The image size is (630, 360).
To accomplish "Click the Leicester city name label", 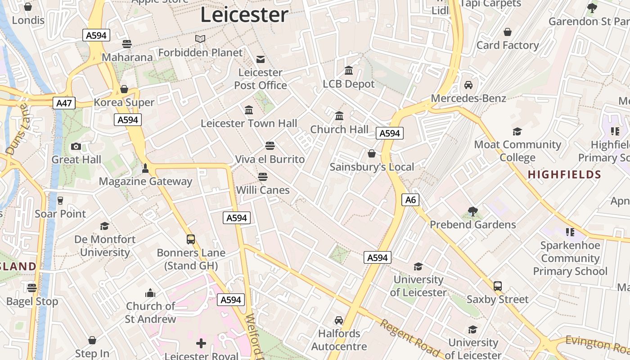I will tap(244, 15).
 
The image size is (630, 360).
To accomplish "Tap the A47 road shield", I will tap(64, 103).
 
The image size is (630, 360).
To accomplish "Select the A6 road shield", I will tap(410, 200).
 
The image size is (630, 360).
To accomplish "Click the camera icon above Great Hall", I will tap(76, 146).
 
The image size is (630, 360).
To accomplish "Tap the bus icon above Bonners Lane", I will tap(191, 239).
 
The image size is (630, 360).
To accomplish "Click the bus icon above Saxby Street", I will tap(497, 286).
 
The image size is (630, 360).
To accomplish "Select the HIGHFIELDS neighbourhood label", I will tap(564, 175).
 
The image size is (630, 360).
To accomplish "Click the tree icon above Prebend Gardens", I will tap(472, 211).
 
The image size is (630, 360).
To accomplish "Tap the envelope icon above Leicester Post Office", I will tap(261, 59).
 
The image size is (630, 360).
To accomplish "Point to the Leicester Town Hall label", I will tap(249, 123).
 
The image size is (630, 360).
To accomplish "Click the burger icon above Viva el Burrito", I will tap(270, 146).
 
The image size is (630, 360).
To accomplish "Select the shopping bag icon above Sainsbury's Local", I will tap(372, 153).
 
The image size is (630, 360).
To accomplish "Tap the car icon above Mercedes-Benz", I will tap(468, 85).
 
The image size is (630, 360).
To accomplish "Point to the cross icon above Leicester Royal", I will tap(201, 344).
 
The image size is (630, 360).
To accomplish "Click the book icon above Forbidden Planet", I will tap(200, 39).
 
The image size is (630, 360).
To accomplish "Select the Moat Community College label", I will tap(517, 151).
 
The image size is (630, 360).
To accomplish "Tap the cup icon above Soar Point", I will tap(60, 200).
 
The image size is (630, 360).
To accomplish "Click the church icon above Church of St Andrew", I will tap(150, 293).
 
